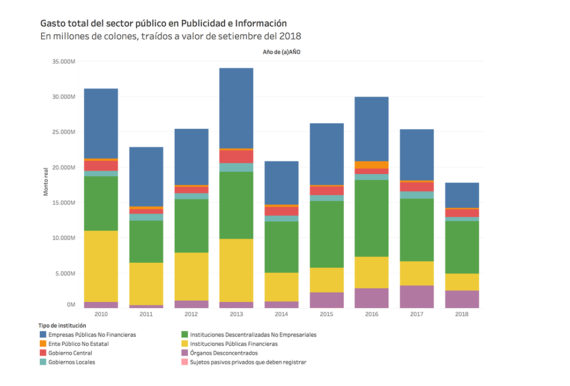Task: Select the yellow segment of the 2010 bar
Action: [x=101, y=266]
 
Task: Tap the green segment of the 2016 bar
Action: [x=372, y=218]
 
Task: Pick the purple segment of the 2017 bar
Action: [x=417, y=296]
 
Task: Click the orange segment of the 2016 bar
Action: [x=372, y=165]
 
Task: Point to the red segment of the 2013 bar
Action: [x=236, y=156]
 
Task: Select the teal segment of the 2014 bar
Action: [x=282, y=218]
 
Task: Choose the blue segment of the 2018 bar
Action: [x=462, y=195]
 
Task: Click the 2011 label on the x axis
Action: [x=146, y=314]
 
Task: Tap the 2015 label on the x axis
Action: [x=327, y=314]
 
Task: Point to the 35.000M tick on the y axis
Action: [x=64, y=62]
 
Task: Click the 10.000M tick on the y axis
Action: [x=64, y=238]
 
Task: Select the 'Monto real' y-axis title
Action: [x=46, y=180]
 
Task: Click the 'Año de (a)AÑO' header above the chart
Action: [x=281, y=52]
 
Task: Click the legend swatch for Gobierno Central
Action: [x=42, y=353]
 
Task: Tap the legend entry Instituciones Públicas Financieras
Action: [x=234, y=344]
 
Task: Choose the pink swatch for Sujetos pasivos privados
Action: [x=186, y=362]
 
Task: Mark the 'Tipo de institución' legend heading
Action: [x=62, y=325]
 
